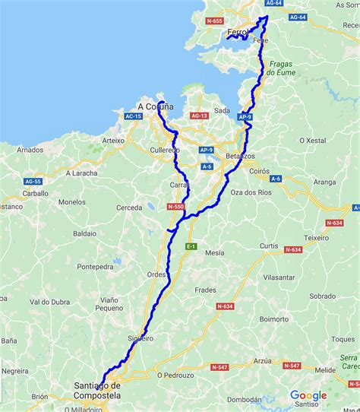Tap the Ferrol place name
238,33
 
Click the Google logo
308,395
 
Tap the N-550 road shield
175,206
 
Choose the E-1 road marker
191,247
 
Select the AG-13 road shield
200,116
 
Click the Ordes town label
156,275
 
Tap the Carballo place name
35,194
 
